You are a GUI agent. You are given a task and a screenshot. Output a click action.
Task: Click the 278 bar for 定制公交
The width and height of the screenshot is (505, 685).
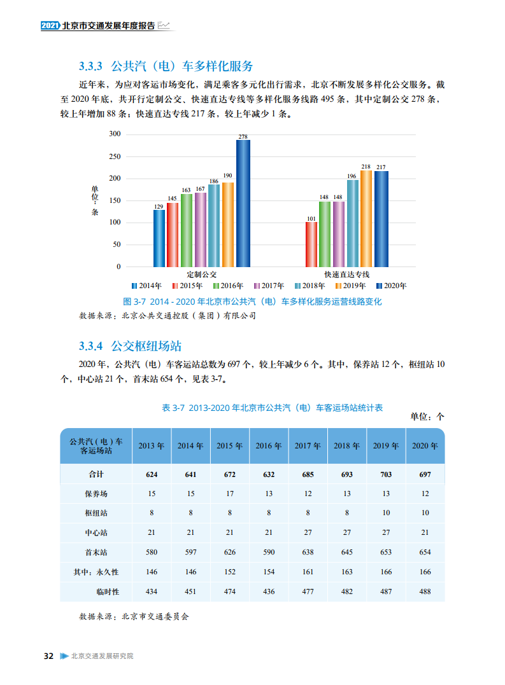click(243, 204)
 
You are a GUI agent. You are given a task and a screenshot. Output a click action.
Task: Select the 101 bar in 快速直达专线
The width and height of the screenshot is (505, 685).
click(311, 244)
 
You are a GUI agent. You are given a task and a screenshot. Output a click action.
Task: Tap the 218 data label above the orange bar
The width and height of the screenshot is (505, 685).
click(366, 166)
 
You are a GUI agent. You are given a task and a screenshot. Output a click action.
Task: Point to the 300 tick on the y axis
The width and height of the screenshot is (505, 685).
click(115, 134)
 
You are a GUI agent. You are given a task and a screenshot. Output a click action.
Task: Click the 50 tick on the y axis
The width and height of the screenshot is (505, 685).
click(117, 245)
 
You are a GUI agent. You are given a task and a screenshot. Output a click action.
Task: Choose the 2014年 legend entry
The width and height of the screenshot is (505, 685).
click(146, 286)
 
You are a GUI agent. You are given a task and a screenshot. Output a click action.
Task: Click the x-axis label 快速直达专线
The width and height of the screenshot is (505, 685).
click(346, 274)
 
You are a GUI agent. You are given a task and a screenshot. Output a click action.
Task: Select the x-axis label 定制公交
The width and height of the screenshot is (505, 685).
click(201, 274)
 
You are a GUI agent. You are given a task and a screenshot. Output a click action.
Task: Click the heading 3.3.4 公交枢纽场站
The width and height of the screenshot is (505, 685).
click(130, 346)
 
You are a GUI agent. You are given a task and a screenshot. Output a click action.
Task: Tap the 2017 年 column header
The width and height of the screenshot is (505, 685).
click(308, 446)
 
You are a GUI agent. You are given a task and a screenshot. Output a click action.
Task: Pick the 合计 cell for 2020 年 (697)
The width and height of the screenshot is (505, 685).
click(425, 474)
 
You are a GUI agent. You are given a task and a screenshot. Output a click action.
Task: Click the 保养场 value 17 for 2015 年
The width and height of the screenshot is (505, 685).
click(229, 494)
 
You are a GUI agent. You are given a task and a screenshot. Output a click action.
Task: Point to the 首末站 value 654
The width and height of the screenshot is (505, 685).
click(425, 553)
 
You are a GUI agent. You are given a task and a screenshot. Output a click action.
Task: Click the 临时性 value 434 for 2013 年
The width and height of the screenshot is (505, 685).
click(152, 592)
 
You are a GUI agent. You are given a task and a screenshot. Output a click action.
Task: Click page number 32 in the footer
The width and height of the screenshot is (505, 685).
click(48, 656)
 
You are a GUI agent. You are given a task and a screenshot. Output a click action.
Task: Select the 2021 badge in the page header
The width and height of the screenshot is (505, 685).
click(49, 25)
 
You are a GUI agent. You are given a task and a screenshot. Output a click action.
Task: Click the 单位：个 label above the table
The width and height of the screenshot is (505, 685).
click(427, 417)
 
